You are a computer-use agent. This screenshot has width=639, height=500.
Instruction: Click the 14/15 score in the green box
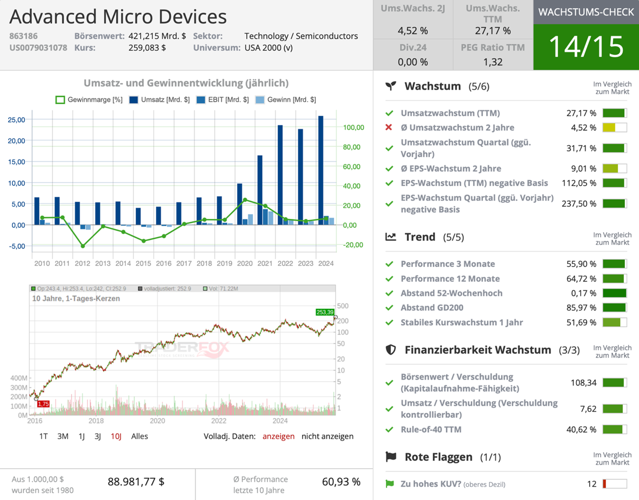point(586,47)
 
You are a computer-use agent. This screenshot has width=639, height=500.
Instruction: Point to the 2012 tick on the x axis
point(83,264)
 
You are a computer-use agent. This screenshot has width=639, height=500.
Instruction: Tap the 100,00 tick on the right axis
point(354,128)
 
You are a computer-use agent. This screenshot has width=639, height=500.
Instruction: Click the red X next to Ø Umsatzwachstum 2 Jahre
point(389,128)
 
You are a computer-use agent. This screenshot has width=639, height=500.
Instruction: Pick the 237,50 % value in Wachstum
point(579,204)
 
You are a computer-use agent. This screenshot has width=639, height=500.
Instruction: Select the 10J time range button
point(116,436)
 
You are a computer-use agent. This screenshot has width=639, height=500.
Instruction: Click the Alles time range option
point(139,436)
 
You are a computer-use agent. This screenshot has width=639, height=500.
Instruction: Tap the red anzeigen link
point(278,436)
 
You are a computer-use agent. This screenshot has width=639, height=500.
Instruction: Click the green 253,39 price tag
point(325,312)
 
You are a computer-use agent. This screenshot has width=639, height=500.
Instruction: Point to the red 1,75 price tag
point(43,404)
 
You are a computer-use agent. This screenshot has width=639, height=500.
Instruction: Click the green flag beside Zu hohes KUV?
point(390,484)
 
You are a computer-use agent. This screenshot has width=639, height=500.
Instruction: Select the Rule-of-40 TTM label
point(431,429)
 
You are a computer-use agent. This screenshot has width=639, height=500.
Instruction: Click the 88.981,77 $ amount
point(136,482)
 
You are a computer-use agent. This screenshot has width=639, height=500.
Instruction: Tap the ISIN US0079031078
point(38,48)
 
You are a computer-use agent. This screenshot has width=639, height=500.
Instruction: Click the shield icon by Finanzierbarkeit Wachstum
point(390,350)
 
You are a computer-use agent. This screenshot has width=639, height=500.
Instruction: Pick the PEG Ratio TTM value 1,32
point(493,62)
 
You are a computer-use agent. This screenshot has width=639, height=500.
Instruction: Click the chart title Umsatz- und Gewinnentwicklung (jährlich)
point(186,83)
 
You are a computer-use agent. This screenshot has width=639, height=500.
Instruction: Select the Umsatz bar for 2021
point(260,190)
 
